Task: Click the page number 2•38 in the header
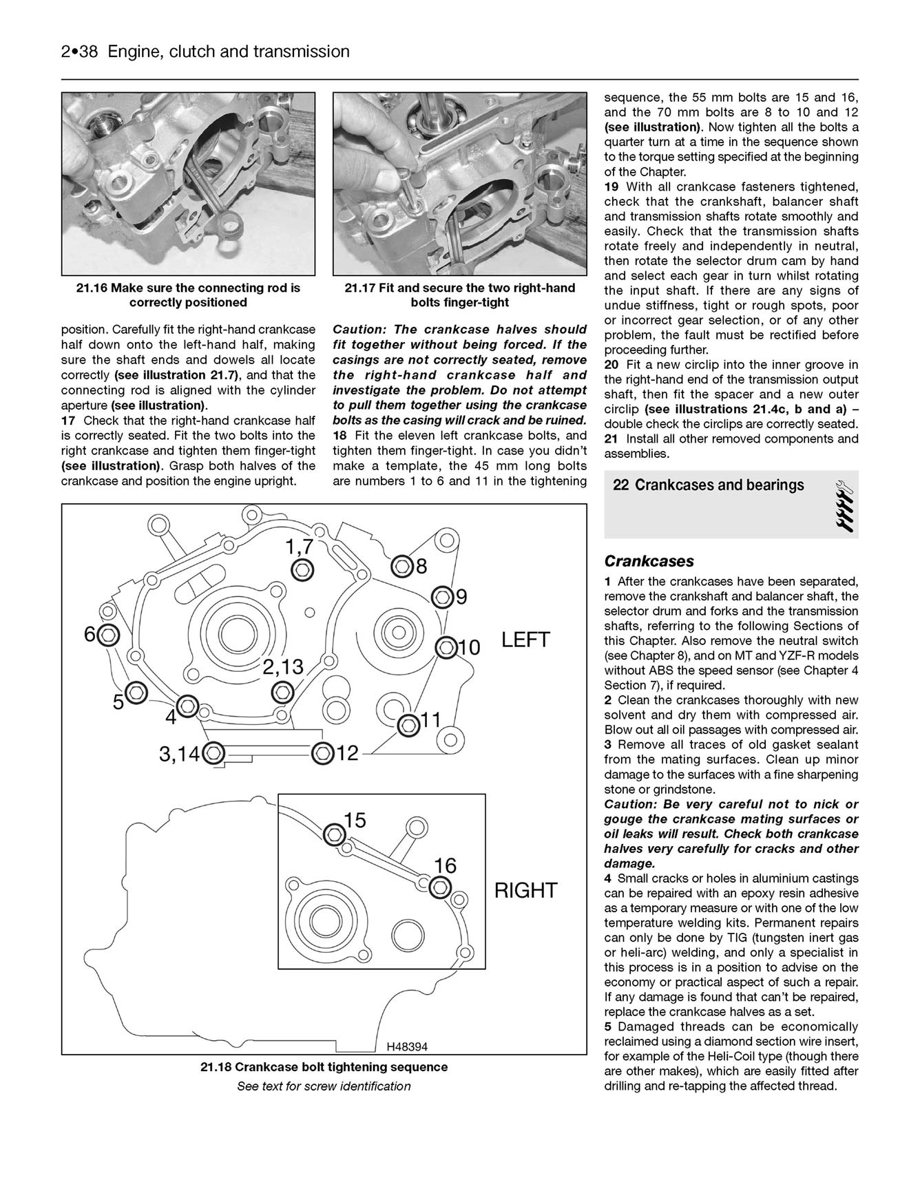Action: pos(81,52)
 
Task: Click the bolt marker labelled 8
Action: pos(401,567)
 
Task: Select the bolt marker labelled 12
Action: pos(320,753)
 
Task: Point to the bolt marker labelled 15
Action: pos(335,834)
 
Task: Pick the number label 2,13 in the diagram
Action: pos(283,666)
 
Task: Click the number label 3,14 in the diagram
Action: pos(178,754)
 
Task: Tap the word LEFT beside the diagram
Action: pos(525,640)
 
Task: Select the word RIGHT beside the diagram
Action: pos(525,891)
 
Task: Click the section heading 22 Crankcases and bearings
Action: pos(708,485)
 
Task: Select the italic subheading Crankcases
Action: pos(649,561)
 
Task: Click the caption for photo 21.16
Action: pos(188,295)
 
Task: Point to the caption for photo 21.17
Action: pos(459,295)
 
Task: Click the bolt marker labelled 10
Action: pos(447,647)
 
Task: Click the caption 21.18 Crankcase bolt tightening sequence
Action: pos(324,1067)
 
